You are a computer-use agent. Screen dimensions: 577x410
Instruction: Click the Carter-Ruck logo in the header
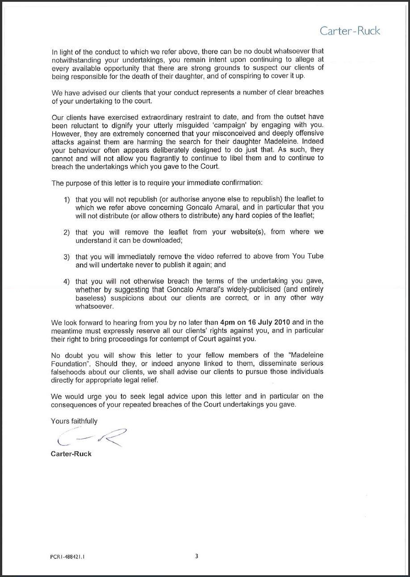coord(350,31)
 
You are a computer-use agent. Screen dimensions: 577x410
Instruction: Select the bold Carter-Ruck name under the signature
coord(71,454)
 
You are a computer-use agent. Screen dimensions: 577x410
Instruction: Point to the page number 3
coord(197,556)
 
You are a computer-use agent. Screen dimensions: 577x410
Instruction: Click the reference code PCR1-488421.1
coord(67,557)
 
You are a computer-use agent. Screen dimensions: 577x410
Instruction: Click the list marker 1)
coord(67,199)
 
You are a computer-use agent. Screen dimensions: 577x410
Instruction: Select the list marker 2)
coord(67,232)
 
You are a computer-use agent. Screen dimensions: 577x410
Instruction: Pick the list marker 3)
coord(67,257)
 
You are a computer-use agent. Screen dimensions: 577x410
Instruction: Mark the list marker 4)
coord(67,281)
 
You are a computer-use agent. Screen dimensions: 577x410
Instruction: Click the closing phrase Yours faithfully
coord(74,421)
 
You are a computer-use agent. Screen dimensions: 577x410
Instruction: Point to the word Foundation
coord(70,363)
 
